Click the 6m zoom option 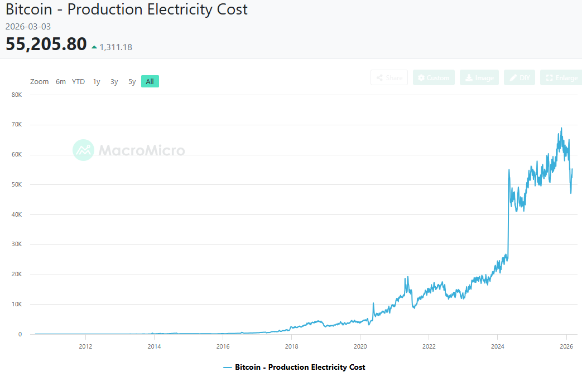tap(61, 82)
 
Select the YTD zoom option tap(78, 82)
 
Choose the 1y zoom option tap(97, 82)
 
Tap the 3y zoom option tap(114, 82)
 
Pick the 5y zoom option tap(132, 82)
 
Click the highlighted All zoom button tap(150, 82)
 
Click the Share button tap(389, 78)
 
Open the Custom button tap(434, 78)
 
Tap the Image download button tap(479, 78)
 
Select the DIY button tap(519, 78)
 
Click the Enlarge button tap(561, 78)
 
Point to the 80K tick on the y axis tap(16, 95)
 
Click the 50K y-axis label tap(16, 185)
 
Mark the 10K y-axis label tap(16, 305)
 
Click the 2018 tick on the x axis tap(291, 346)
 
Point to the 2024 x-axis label tap(497, 346)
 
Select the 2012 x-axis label tap(85, 346)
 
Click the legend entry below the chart tap(294, 368)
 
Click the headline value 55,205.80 tap(46, 44)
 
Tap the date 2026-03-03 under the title tap(28, 26)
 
